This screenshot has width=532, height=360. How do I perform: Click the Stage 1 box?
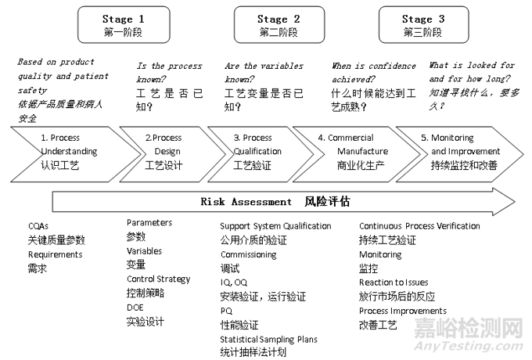tap(123, 25)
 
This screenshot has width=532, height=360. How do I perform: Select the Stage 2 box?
tap(278, 25)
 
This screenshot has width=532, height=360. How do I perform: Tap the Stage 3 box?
tap(422, 25)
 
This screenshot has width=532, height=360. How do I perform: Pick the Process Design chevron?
tap(164, 151)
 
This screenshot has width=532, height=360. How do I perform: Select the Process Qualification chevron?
tap(255, 151)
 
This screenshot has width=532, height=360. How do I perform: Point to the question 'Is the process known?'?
tap(169, 67)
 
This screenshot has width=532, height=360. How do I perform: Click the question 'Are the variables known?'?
tap(264, 67)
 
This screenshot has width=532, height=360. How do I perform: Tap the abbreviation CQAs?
tap(40, 226)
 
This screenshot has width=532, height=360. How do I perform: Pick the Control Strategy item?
tap(158, 279)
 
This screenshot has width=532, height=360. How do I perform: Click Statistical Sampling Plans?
tap(268, 339)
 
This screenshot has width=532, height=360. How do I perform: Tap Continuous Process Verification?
tap(419, 226)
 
